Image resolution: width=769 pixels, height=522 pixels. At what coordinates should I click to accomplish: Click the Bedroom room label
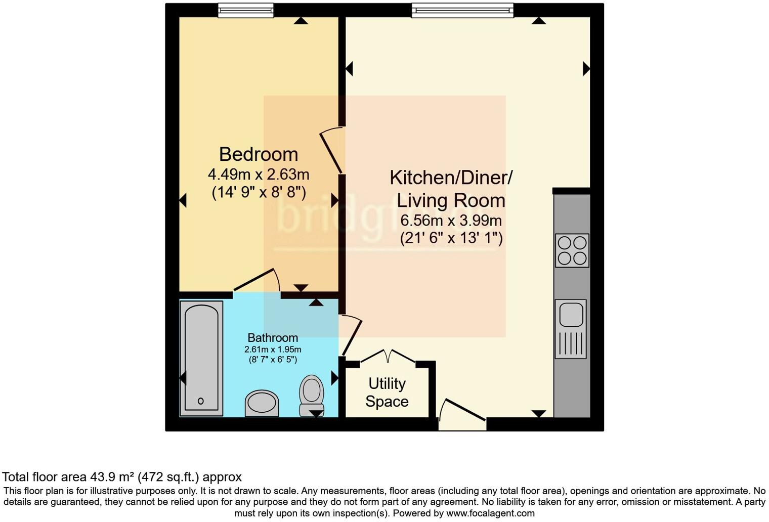click(258, 154)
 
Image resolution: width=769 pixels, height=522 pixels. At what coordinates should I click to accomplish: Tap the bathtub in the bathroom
click(201, 358)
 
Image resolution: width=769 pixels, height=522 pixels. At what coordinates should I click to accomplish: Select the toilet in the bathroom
click(312, 395)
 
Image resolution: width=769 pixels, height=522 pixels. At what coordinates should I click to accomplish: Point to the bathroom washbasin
click(262, 403)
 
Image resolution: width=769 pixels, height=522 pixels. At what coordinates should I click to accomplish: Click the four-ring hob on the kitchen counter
click(572, 250)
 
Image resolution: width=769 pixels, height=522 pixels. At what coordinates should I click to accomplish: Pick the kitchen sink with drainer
click(571, 328)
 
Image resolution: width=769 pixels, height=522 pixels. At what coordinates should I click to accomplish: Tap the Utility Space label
click(387, 393)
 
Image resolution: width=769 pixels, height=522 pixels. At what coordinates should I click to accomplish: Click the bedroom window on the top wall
click(246, 10)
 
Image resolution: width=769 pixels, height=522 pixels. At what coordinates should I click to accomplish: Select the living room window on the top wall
click(462, 10)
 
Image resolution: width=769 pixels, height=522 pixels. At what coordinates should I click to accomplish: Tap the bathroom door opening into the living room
click(352, 335)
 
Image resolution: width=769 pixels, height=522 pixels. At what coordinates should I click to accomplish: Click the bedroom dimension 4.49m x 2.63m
click(258, 175)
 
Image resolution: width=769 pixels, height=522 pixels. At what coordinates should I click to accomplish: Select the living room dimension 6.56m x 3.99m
click(451, 221)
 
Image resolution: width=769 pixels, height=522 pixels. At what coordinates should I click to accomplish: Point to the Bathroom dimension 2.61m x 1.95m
click(273, 350)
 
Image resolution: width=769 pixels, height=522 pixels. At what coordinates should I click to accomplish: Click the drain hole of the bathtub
click(201, 401)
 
